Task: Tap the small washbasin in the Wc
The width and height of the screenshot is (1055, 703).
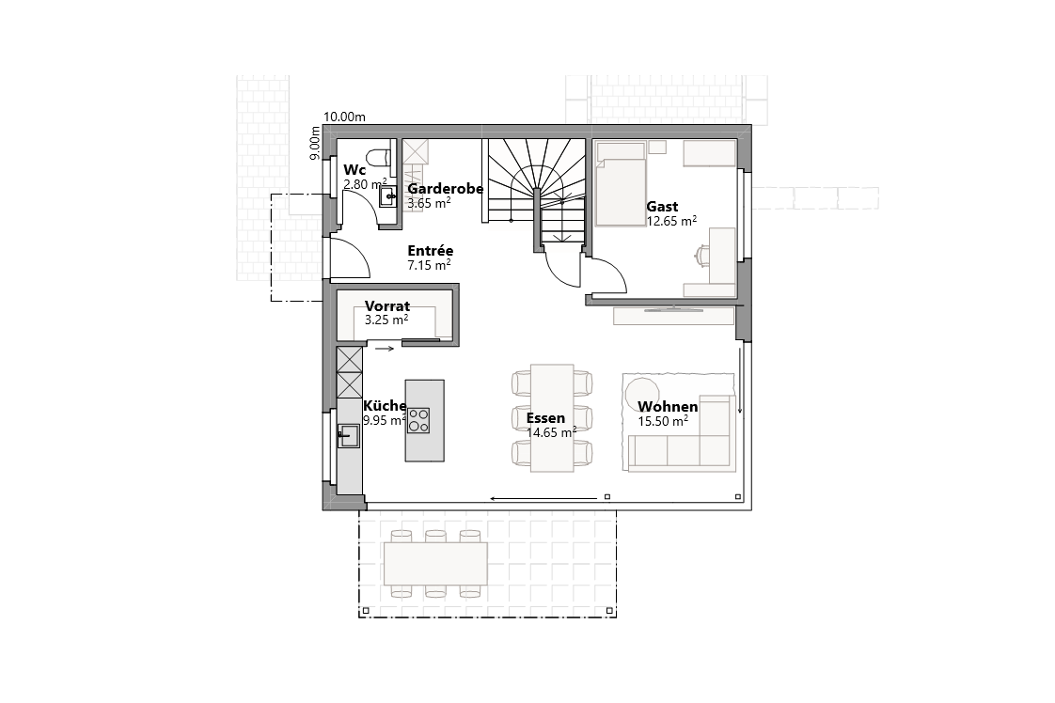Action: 386,196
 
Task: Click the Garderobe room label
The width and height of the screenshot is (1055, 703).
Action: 445,189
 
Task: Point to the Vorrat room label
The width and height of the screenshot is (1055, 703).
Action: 386,306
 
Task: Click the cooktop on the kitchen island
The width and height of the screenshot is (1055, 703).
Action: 418,420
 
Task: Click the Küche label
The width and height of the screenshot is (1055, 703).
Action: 385,406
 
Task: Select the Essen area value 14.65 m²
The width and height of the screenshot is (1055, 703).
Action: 551,432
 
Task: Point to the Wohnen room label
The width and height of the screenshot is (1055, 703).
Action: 668,407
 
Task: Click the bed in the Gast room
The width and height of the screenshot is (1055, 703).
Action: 621,184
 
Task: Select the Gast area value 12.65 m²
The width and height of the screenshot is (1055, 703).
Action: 671,221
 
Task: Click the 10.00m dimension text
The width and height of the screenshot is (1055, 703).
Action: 344,117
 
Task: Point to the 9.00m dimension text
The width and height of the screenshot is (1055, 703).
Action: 316,144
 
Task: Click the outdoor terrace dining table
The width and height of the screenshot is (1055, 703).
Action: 436,564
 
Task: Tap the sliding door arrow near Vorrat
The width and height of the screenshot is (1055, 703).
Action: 385,349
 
